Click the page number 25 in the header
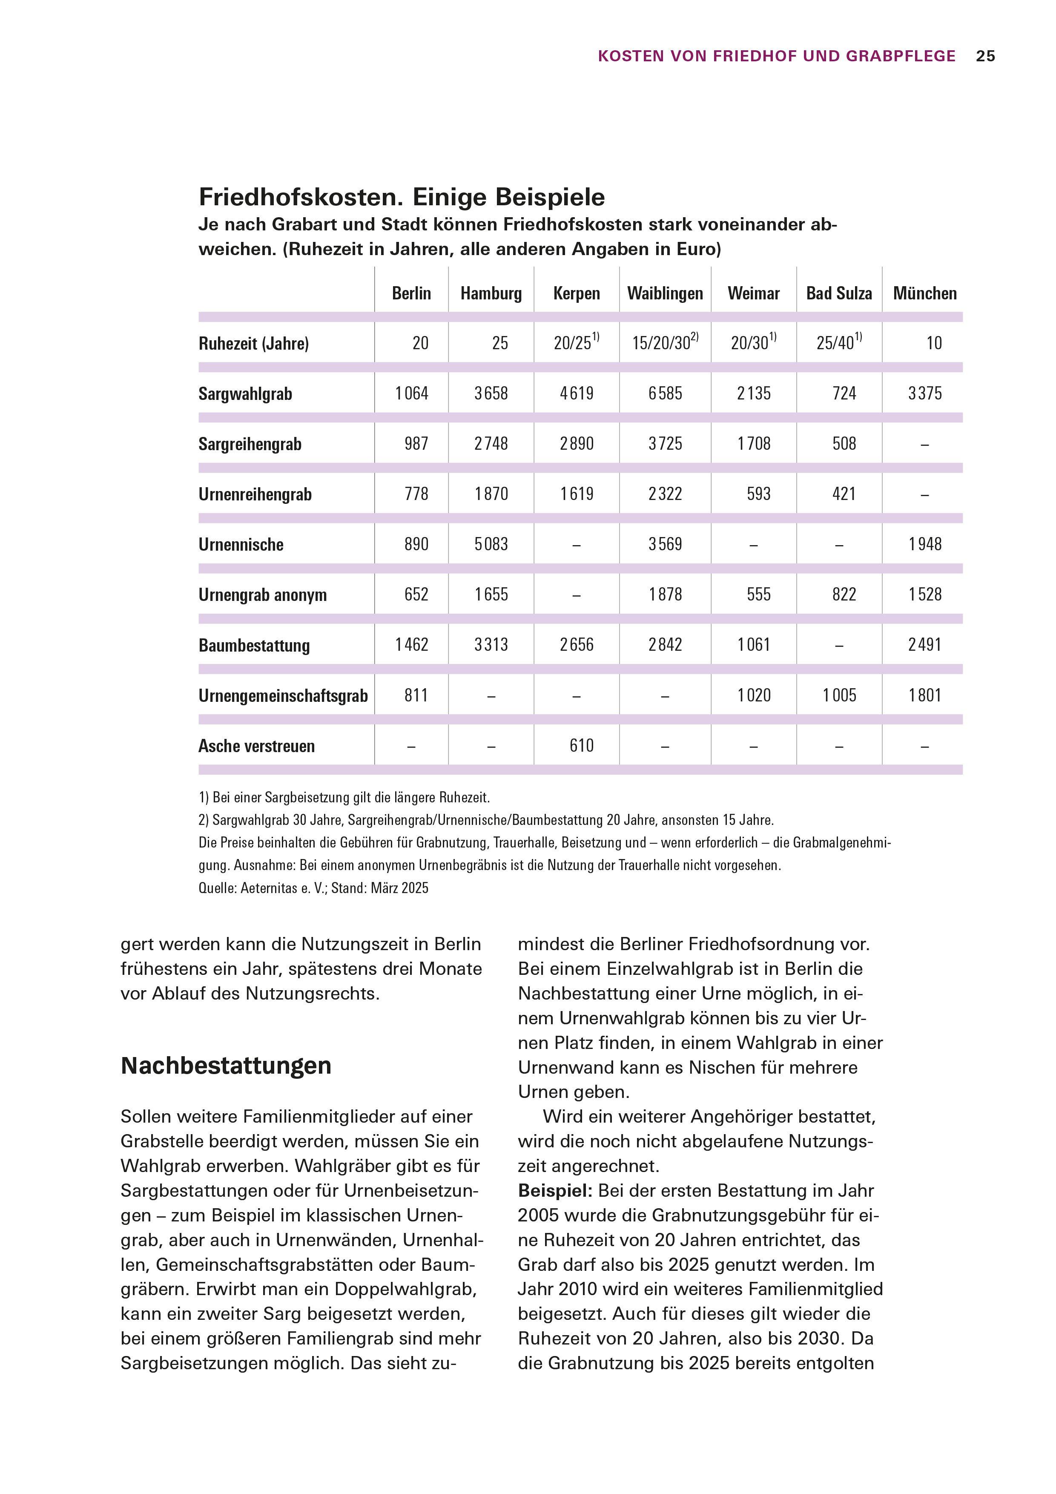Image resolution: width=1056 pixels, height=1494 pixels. pyautogui.click(x=985, y=57)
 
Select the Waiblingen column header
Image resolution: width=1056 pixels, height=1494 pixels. pyautogui.click(x=665, y=293)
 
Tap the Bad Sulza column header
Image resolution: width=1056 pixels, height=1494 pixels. pyautogui.click(x=839, y=293)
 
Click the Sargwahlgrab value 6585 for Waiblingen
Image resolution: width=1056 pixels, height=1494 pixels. pyautogui.click(x=665, y=394)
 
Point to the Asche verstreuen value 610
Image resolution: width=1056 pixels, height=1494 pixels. pyautogui.click(x=581, y=746)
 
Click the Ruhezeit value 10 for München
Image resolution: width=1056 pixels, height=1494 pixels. pyautogui.click(x=934, y=344)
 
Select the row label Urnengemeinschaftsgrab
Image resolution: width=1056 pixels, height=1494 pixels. pyautogui.click(x=283, y=695)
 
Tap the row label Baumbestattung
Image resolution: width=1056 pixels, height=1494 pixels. pyautogui.click(x=254, y=646)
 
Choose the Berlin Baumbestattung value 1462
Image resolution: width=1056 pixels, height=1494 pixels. pyautogui.click(x=411, y=645)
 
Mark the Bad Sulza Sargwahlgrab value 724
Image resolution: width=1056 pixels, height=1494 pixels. pyautogui.click(x=844, y=394)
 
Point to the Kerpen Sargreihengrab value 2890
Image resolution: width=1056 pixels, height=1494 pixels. pyautogui.click(x=577, y=444)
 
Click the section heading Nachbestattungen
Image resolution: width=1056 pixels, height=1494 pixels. pyautogui.click(x=226, y=1066)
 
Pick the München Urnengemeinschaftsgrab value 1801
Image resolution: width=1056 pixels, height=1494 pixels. pyautogui.click(x=924, y=695)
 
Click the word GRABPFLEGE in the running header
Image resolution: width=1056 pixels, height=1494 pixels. pyautogui.click(x=901, y=57)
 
